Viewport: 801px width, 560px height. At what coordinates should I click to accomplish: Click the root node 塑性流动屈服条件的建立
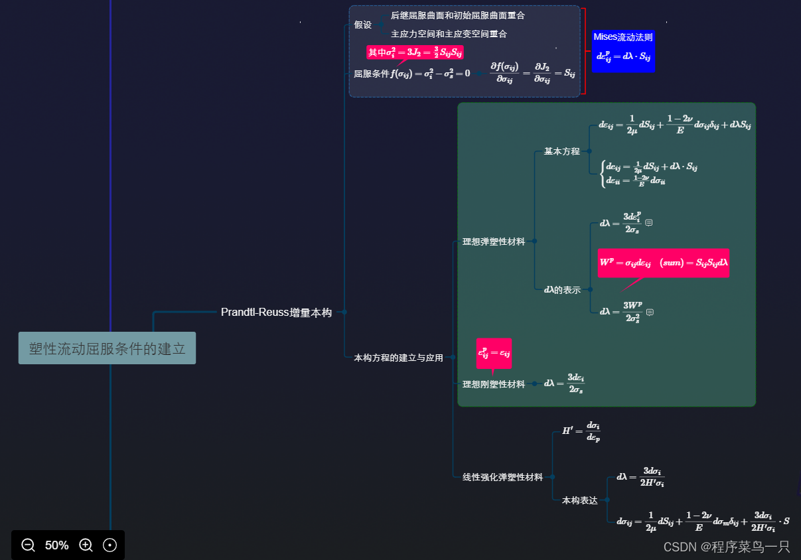click(107, 348)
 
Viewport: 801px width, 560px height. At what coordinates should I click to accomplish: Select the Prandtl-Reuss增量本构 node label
click(276, 313)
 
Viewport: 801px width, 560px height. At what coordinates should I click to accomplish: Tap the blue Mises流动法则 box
click(623, 50)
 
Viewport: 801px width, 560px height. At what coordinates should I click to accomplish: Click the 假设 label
click(363, 25)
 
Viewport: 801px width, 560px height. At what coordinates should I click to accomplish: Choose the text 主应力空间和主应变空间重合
click(449, 34)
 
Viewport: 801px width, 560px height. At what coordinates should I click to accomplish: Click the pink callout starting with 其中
click(415, 52)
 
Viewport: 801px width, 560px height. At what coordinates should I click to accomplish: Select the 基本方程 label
click(562, 151)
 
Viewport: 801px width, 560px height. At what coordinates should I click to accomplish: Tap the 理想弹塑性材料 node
click(494, 242)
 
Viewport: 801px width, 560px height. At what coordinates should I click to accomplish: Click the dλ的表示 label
click(562, 290)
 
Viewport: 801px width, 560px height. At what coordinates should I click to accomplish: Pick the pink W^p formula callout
click(663, 263)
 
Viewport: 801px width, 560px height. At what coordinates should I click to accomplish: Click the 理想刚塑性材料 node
click(494, 384)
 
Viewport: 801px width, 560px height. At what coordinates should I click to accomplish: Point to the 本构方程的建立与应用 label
click(398, 358)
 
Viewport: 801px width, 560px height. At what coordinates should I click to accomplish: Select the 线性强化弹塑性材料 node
click(502, 477)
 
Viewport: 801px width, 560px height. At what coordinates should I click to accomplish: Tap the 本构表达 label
click(580, 500)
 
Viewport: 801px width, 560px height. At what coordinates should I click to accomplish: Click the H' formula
click(581, 431)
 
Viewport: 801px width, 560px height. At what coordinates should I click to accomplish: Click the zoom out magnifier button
click(28, 545)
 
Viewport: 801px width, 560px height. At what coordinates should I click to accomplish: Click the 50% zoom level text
click(57, 545)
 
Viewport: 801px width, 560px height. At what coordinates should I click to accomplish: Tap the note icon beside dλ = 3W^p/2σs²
click(650, 312)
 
